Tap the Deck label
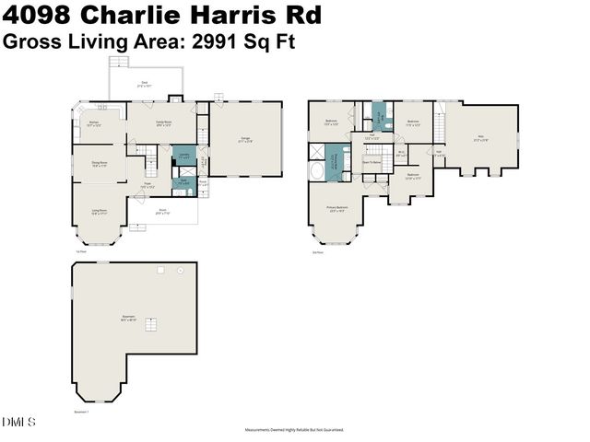[145, 83]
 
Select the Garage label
[244, 139]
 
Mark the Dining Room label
[99, 163]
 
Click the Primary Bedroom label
[336, 208]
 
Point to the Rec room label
[479, 139]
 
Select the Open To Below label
[372, 160]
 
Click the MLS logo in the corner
[18, 423]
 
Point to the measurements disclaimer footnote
[294, 429]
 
